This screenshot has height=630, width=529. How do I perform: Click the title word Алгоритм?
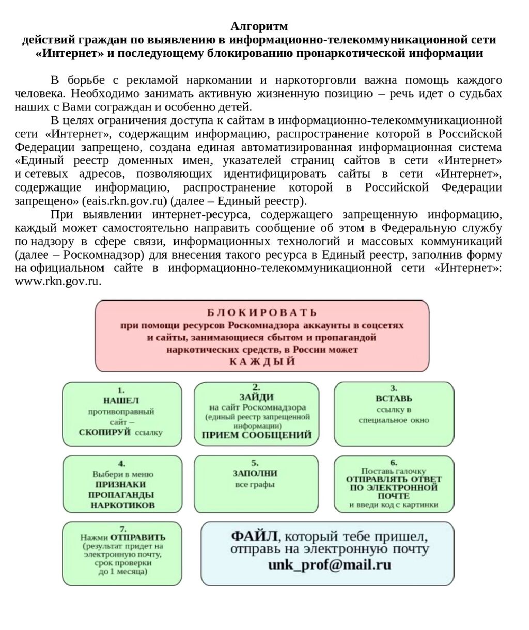(259, 26)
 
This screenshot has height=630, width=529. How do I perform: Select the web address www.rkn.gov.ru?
(58, 281)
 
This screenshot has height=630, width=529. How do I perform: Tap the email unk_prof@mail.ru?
(329, 564)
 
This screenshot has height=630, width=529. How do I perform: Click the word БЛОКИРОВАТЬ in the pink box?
(262, 312)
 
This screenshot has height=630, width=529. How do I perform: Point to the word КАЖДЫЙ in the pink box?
(262, 361)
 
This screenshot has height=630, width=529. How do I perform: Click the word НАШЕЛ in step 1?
(121, 401)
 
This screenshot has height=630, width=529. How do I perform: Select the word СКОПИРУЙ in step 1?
(105, 432)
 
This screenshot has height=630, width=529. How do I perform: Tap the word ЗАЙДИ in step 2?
(256, 397)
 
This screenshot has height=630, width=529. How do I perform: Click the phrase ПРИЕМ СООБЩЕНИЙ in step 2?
(256, 435)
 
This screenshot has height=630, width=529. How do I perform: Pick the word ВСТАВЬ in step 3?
(394, 399)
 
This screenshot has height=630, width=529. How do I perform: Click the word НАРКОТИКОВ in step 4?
(122, 505)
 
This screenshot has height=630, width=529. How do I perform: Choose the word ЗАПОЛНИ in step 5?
(255, 474)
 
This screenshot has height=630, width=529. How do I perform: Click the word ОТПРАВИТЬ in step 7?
(137, 537)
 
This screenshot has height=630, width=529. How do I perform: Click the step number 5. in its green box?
(255, 463)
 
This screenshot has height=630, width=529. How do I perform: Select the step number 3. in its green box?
(394, 388)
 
